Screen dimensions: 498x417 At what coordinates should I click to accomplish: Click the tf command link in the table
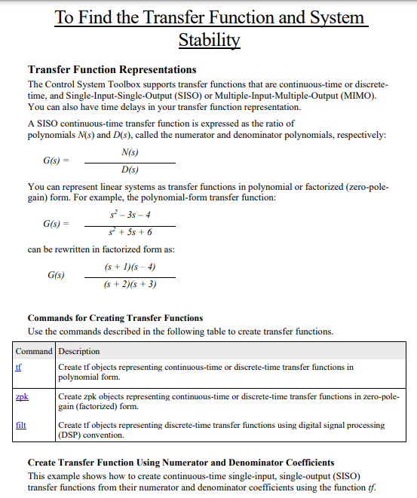tap(19, 367)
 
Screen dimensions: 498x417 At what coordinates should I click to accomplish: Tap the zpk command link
tap(21, 396)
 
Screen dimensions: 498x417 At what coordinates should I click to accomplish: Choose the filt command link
tap(21, 424)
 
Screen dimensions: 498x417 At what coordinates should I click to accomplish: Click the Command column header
tap(35, 351)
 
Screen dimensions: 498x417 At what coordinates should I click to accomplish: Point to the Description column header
tap(79, 351)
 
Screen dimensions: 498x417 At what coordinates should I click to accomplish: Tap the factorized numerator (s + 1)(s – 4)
tap(130, 267)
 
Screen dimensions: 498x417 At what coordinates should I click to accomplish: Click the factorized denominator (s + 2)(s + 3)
tap(130, 285)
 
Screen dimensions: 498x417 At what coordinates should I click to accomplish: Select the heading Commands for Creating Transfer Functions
tap(115, 318)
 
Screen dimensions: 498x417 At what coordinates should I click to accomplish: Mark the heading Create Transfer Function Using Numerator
tap(181, 462)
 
